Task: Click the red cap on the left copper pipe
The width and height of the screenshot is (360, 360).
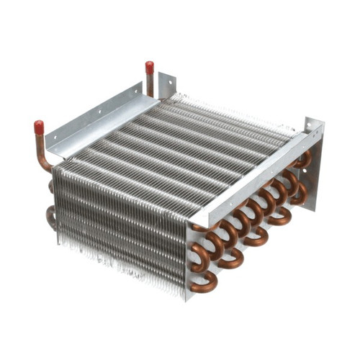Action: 39,127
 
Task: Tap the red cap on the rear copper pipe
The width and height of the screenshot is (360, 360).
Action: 149,68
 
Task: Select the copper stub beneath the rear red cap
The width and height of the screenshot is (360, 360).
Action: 150,85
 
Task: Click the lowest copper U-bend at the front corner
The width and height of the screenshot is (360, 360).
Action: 204,282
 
